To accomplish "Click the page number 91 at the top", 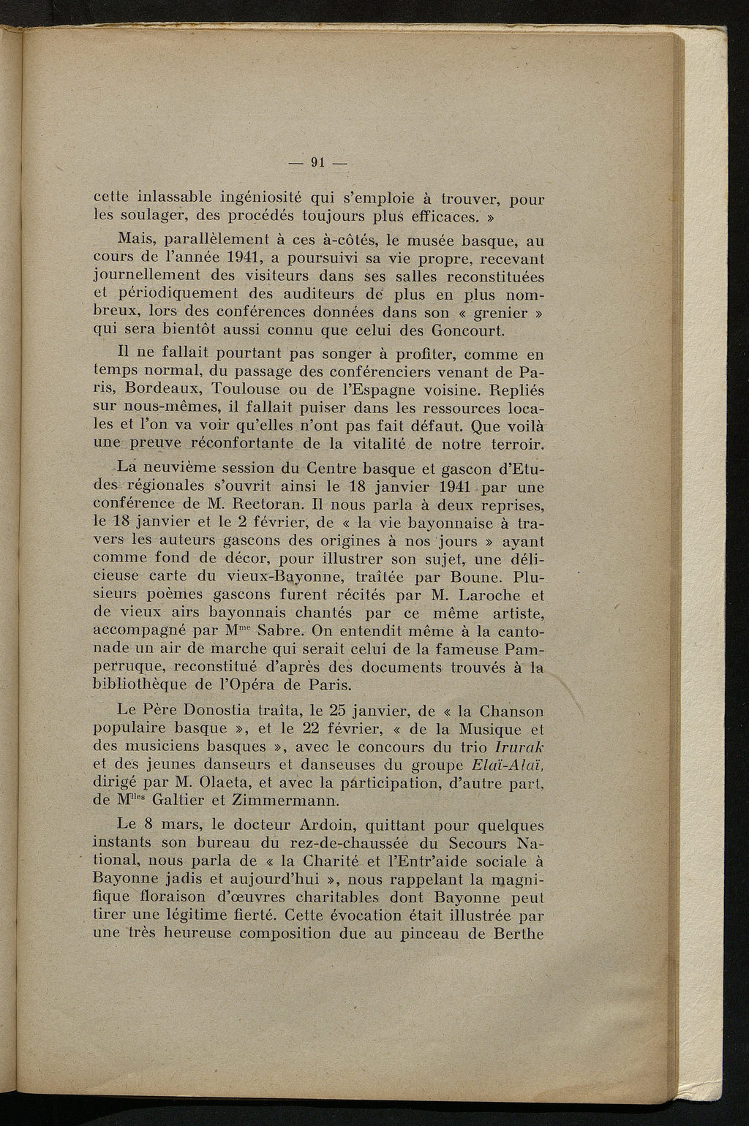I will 317,163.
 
